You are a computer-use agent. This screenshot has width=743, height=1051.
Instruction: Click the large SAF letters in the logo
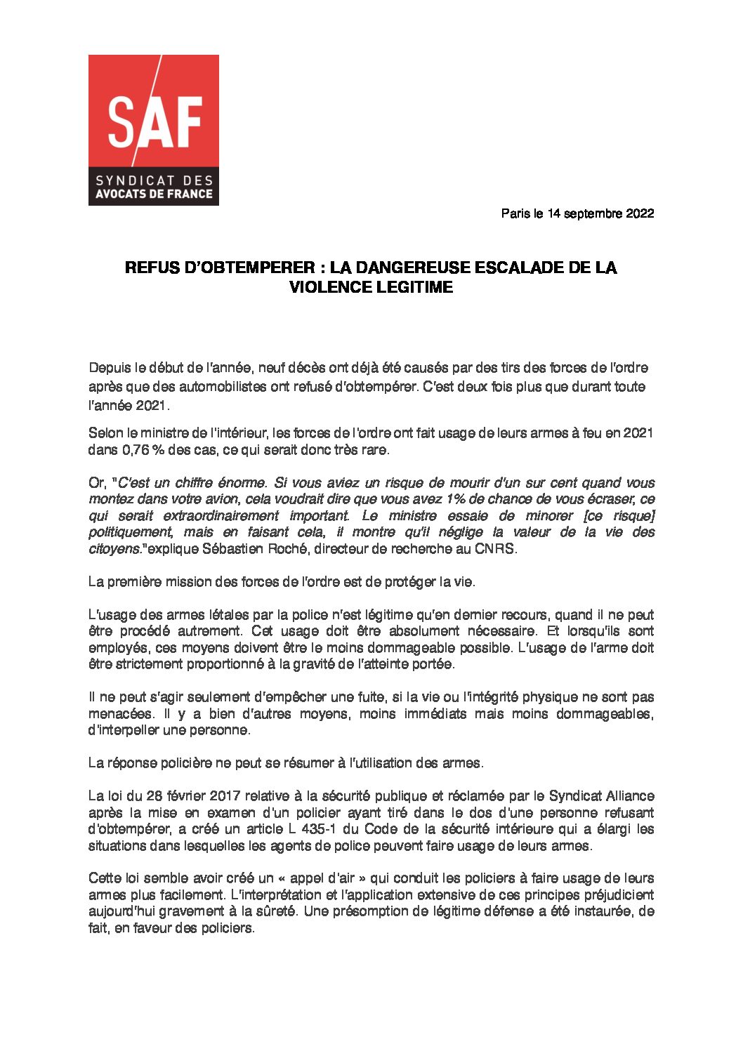pyautogui.click(x=154, y=123)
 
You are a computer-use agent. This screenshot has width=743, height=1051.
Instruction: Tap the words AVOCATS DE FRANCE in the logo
pyautogui.click(x=153, y=194)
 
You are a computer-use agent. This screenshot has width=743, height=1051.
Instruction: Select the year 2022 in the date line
pyautogui.click(x=639, y=213)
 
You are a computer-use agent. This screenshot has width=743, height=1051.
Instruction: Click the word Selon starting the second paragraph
pyautogui.click(x=105, y=433)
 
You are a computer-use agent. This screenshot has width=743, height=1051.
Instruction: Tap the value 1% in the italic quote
pyautogui.click(x=456, y=499)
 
